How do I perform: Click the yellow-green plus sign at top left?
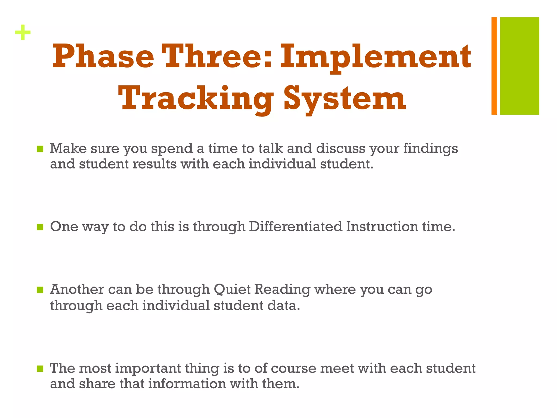[23, 33]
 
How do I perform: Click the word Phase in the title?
[103, 57]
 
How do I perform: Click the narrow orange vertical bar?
[494, 66]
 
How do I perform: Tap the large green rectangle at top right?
[519, 66]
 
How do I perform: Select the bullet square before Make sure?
[40, 149]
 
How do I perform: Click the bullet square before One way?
[40, 227]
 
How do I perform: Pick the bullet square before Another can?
[40, 290]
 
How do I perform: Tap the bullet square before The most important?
[40, 369]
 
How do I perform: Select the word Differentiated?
[295, 226]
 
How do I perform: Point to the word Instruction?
[382, 226]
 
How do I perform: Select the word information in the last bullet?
[187, 384]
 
